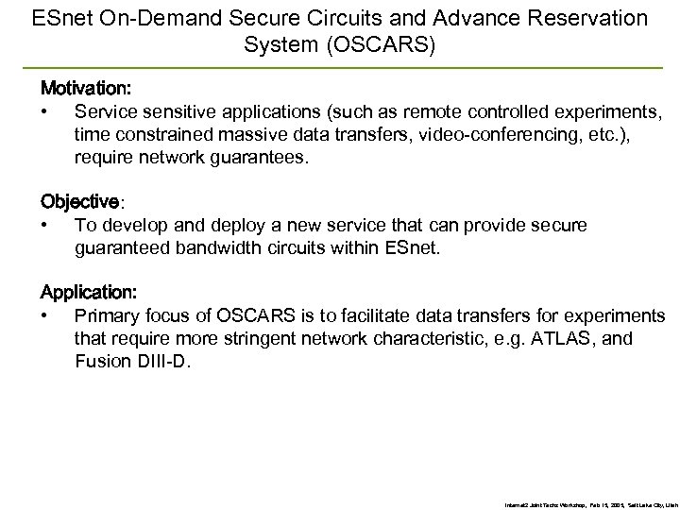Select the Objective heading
coord(80,202)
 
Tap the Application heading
coord(86,294)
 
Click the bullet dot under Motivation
coord(44,111)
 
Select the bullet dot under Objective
coord(44,227)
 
